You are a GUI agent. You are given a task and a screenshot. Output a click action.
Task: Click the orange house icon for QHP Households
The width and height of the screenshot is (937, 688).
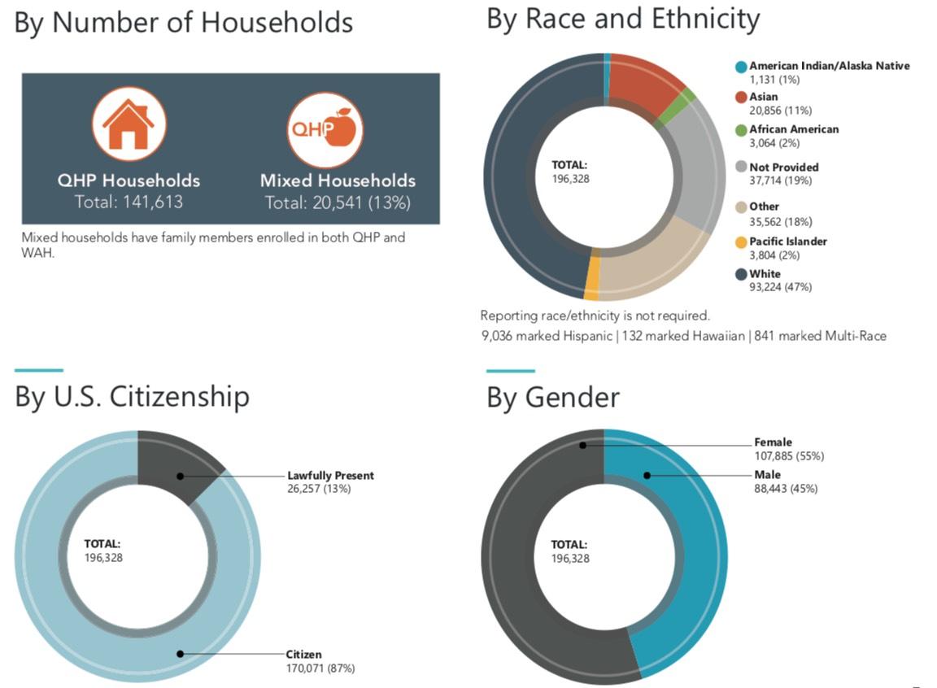coord(129,124)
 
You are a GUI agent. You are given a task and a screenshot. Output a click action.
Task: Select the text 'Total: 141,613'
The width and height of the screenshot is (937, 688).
coord(129,201)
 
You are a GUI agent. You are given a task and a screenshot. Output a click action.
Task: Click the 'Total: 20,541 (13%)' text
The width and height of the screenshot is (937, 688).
coord(338,202)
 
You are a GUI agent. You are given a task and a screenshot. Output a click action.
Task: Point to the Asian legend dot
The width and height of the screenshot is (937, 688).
coord(740,98)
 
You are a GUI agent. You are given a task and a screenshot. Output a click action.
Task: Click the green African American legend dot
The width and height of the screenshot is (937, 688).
coord(740,129)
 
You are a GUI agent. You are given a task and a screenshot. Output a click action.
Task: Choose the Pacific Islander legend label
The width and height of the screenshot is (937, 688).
coord(787,242)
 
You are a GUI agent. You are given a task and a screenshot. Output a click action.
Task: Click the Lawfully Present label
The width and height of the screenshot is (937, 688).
coord(330,476)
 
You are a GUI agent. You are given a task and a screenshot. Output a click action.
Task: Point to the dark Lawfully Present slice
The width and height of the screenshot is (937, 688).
coord(179,469)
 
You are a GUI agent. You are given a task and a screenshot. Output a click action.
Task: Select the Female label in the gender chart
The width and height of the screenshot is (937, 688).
coord(773,442)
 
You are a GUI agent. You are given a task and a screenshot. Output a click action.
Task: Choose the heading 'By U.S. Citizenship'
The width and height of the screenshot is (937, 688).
coord(132,397)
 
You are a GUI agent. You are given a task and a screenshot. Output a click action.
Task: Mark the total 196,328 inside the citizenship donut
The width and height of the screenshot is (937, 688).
coord(103,558)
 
